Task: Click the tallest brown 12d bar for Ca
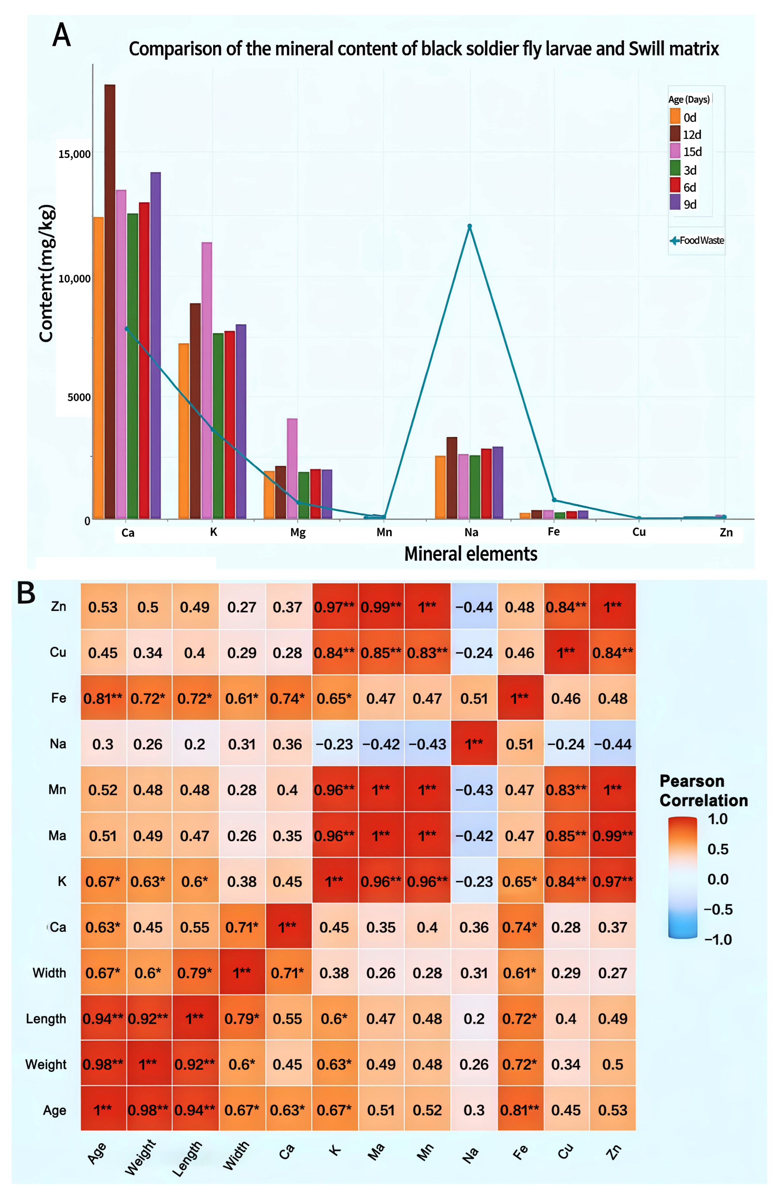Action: click(x=110, y=302)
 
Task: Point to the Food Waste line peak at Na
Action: click(x=470, y=227)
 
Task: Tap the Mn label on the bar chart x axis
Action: click(x=384, y=532)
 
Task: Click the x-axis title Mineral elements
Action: click(x=471, y=554)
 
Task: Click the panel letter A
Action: click(x=61, y=35)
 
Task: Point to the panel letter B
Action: click(x=26, y=593)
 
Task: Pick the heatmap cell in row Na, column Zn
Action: click(x=612, y=744)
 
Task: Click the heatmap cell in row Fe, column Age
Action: click(x=103, y=698)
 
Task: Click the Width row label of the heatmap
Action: click(x=49, y=973)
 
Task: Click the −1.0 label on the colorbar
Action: click(x=718, y=939)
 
